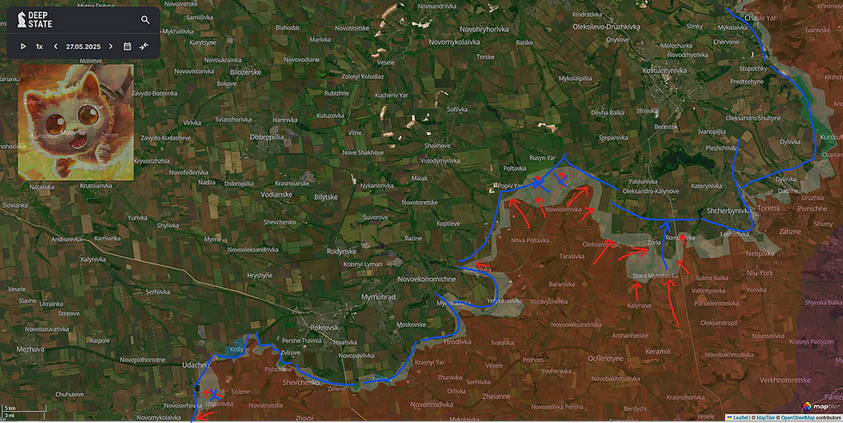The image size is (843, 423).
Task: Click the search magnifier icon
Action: (x=145, y=20)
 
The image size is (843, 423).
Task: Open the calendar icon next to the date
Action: (x=127, y=46)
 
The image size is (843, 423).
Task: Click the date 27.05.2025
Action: (x=83, y=46)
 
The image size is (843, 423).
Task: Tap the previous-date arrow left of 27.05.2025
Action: (x=56, y=46)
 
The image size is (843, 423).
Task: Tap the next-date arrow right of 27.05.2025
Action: (x=111, y=46)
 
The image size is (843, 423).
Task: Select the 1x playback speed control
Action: (x=40, y=46)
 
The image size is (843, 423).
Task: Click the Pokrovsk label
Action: (x=325, y=327)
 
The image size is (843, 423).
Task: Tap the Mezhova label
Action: (x=29, y=349)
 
